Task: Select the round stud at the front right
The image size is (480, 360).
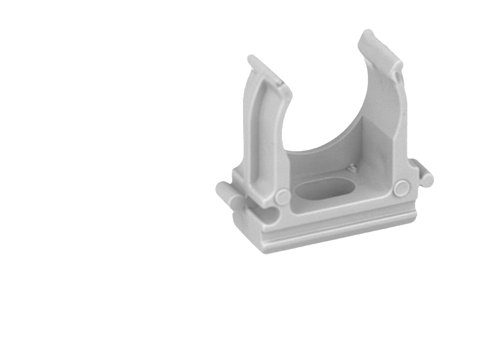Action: click(x=401, y=188)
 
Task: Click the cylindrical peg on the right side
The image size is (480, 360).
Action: click(x=425, y=177)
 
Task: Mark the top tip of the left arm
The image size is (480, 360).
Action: click(x=252, y=59)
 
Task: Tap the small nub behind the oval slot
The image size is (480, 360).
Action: click(x=353, y=169)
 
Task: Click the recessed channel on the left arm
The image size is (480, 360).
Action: click(x=262, y=138)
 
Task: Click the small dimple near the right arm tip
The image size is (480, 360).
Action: click(x=397, y=76)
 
